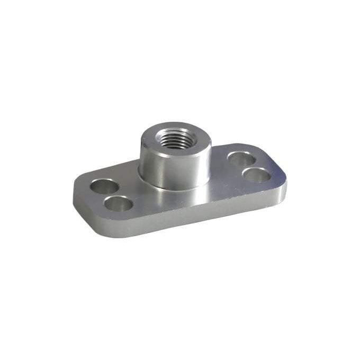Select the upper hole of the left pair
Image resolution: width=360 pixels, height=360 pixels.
tap(103, 186)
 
